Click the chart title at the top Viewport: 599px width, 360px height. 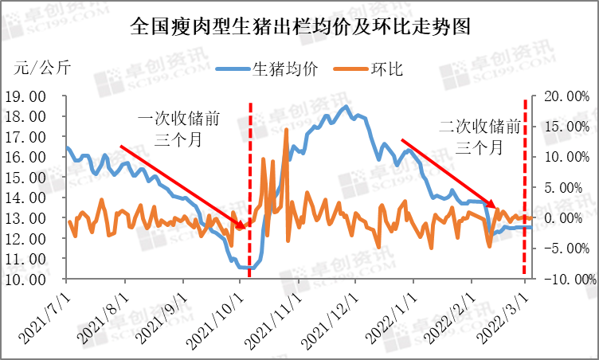click(x=299, y=27)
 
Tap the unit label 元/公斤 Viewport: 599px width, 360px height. click(x=42, y=67)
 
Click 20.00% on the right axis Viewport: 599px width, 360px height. click(x=567, y=96)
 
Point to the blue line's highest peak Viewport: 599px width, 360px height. click(x=346, y=107)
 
